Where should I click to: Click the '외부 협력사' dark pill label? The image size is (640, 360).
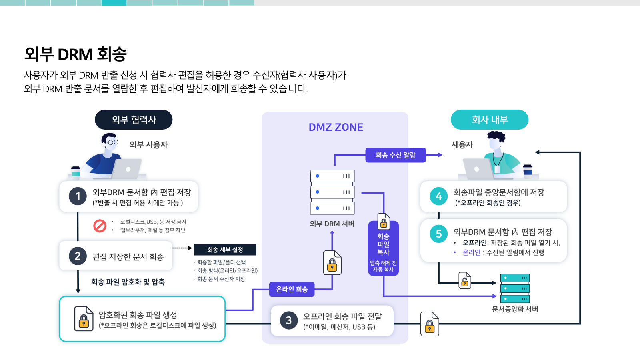134,120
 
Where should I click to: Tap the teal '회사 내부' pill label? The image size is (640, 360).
490,120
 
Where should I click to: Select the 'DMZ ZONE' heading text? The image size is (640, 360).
336,127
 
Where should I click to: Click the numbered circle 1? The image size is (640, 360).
78,196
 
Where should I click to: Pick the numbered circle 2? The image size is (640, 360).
78,256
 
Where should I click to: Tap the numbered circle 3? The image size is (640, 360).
288,320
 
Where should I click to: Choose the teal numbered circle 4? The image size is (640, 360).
438,196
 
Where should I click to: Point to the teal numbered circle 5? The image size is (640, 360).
438,234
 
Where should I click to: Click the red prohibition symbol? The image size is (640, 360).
100,226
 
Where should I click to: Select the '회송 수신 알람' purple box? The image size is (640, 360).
396,155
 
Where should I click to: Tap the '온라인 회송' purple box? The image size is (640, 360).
292,289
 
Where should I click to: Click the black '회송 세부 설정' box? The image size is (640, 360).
225,250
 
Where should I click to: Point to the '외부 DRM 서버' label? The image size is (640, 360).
332,224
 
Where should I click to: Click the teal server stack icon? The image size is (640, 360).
515,288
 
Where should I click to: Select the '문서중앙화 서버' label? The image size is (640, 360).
515,309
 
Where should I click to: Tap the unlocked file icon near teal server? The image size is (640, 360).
464,280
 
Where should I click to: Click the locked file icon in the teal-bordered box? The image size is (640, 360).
84,318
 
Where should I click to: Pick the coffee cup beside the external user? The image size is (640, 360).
76,172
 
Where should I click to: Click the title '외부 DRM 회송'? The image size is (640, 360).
75,54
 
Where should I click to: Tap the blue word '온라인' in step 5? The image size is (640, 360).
472,252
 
